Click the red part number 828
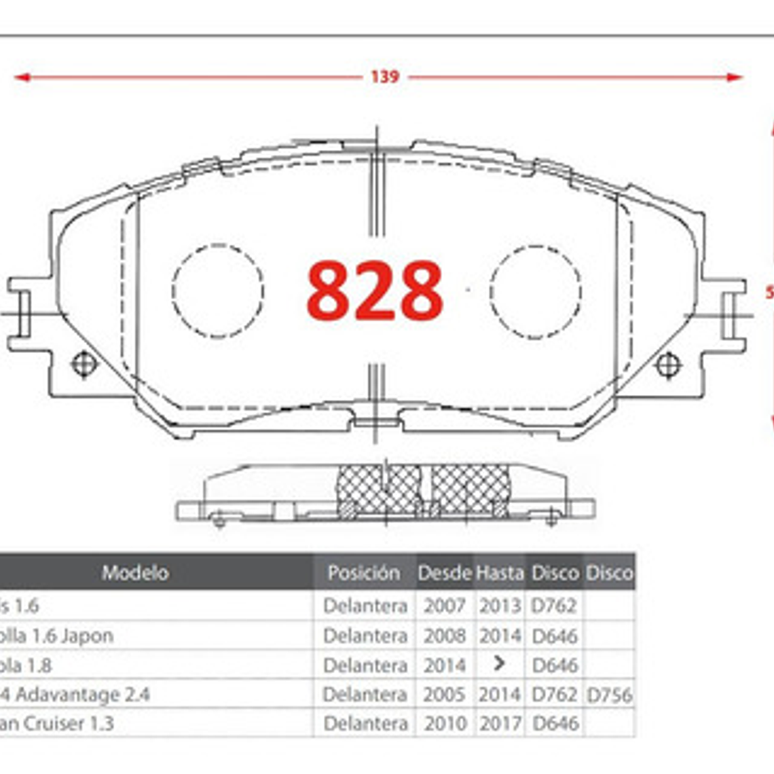coord(375,291)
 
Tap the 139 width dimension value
coord(384,77)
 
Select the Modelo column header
coord(135,572)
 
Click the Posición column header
coord(363,572)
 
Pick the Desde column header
coord(444,572)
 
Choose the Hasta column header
coord(500,572)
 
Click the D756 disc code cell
coord(609,695)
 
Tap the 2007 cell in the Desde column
coord(444,605)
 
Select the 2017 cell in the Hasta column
coord(500,724)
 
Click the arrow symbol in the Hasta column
coord(500,663)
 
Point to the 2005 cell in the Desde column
coord(444,695)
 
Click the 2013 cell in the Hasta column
coord(500,605)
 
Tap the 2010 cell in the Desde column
coord(444,724)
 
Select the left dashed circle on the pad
coord(218,291)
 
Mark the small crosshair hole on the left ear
coord(83,365)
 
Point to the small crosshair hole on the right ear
coord(668,365)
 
